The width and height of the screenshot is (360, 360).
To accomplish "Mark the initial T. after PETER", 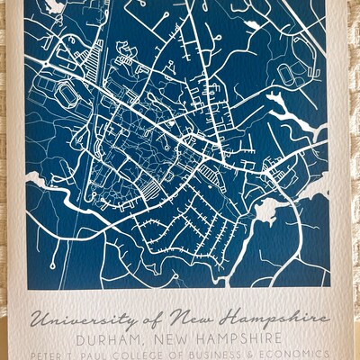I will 75,355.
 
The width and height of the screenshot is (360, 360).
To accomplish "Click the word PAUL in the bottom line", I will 97,355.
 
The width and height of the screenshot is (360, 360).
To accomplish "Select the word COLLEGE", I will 145,355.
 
